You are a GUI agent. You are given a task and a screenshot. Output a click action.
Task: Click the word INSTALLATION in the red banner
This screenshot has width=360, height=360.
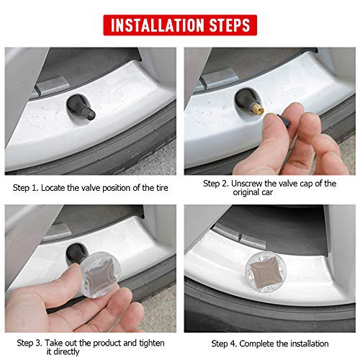[158, 25]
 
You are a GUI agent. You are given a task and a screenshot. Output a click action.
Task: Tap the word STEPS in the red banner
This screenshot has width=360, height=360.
[230, 25]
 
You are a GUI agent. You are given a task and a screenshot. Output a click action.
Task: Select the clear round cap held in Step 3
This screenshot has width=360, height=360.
[100, 275]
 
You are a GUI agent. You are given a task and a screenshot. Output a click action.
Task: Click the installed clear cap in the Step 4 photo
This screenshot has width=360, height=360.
[263, 273]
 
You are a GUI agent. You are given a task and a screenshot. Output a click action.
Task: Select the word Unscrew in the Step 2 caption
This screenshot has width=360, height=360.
[247, 184]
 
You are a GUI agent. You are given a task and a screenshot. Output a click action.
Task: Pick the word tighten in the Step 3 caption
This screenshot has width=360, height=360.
[152, 343]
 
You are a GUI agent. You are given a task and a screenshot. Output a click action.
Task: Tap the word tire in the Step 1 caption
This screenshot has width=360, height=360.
[162, 188]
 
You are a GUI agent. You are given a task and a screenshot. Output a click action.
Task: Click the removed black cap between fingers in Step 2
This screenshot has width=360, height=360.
[284, 120]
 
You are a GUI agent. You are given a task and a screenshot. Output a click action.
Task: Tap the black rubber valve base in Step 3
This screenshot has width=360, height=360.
[76, 253]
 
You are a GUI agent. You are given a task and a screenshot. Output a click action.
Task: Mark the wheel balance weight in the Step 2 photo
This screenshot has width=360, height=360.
[219, 78]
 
